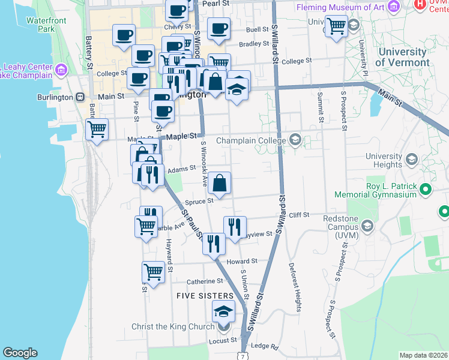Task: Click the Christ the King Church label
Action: [x=173, y=326]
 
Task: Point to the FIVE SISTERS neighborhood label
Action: [x=205, y=296]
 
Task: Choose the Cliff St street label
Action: [x=298, y=214]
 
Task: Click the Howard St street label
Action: [x=241, y=262]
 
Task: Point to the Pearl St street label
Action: [x=217, y=3]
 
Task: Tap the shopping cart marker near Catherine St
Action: [x=154, y=271]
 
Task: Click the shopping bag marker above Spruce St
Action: [x=220, y=182]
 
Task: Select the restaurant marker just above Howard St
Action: [x=213, y=243]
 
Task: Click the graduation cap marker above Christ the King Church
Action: [x=224, y=311]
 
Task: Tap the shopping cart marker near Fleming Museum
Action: [x=337, y=25]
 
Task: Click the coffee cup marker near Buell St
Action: [x=218, y=28]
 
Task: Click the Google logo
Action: [x=20, y=353]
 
